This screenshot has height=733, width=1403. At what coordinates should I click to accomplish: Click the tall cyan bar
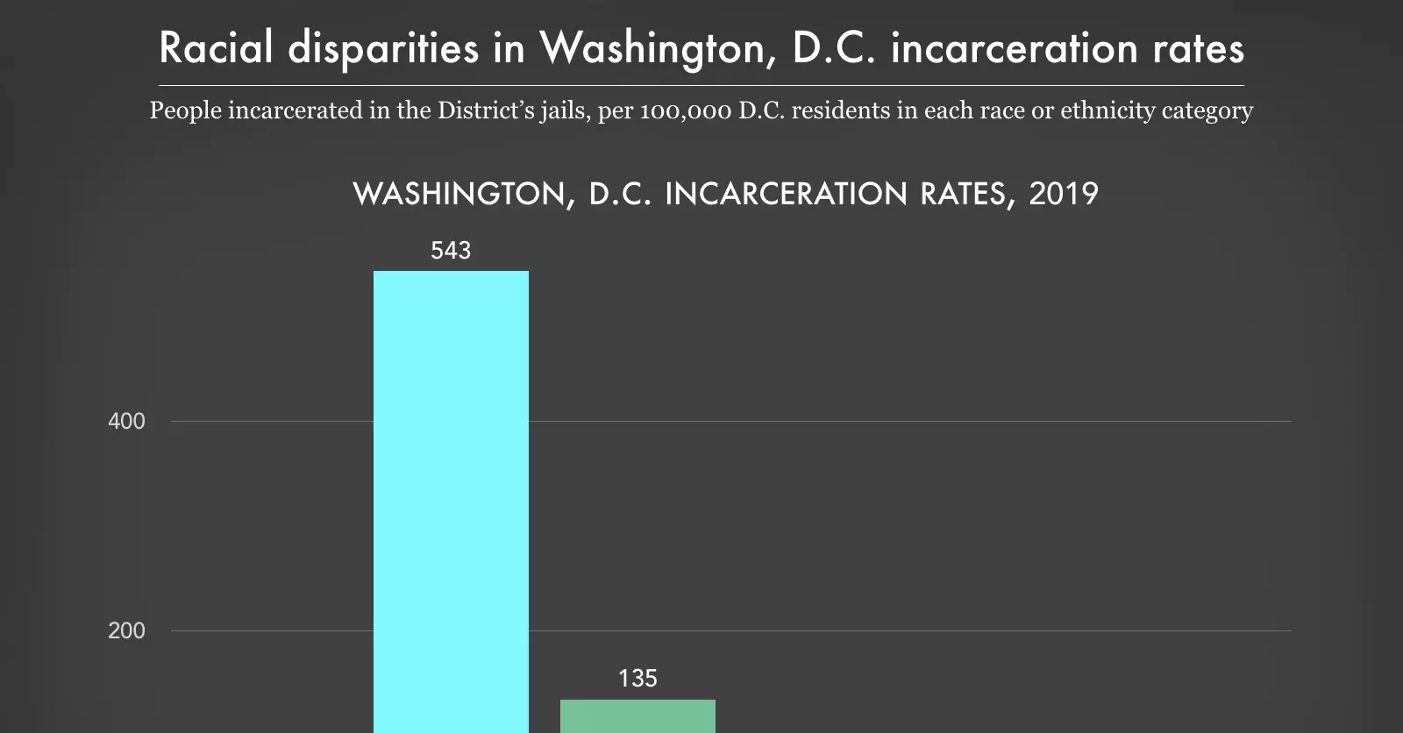pyautogui.click(x=451, y=500)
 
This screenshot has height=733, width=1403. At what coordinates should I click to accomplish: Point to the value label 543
pyautogui.click(x=451, y=251)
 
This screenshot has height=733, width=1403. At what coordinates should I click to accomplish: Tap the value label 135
pyautogui.click(x=637, y=679)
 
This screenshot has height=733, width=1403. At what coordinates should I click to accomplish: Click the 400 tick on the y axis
pyautogui.click(x=126, y=422)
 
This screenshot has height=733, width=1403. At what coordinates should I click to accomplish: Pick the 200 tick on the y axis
pyautogui.click(x=126, y=631)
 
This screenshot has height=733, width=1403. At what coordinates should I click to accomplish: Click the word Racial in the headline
pyautogui.click(x=216, y=48)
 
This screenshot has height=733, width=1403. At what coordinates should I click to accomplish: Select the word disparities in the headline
pyautogui.click(x=383, y=48)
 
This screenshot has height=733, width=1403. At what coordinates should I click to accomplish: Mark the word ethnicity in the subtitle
pyautogui.click(x=1107, y=111)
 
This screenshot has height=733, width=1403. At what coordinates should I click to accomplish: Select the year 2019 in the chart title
pyautogui.click(x=1064, y=194)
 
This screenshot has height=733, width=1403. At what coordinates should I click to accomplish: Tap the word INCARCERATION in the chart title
pyautogui.click(x=786, y=194)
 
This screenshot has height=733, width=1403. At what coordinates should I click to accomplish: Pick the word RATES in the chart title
pyautogui.click(x=968, y=194)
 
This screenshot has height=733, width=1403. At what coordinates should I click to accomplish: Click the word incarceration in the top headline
pyautogui.click(x=1015, y=48)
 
